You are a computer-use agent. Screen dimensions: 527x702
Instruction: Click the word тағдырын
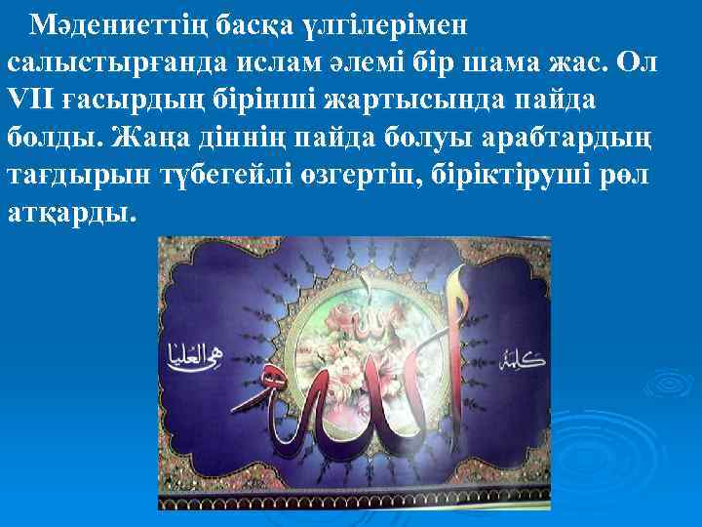tap(70, 177)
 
